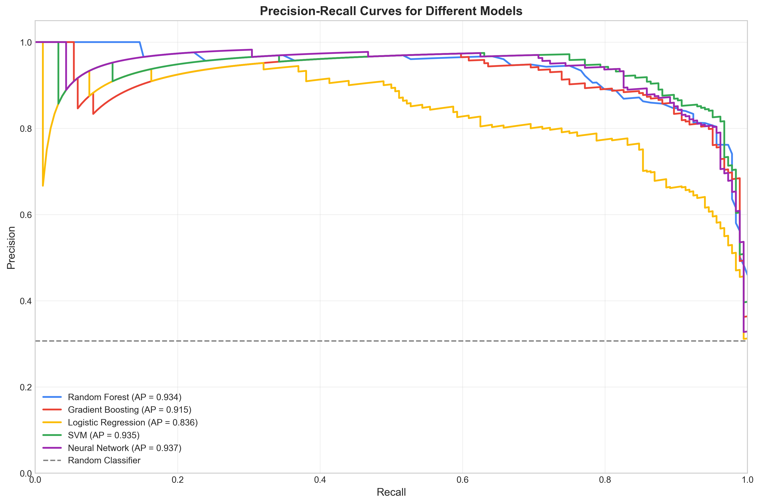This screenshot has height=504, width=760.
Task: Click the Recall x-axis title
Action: point(391,492)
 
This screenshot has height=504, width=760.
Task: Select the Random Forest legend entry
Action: point(124,397)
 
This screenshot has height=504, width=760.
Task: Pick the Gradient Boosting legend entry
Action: point(129,410)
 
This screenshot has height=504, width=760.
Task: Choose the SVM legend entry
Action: point(103,435)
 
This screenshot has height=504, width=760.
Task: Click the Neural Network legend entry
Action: point(124,448)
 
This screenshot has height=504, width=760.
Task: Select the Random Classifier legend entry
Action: point(104,461)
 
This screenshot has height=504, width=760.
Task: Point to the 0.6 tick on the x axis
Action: point(462,480)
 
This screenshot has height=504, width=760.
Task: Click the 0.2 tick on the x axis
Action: point(177,480)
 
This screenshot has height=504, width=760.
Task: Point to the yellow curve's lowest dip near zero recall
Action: point(43,185)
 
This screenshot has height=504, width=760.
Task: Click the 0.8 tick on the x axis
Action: point(605,480)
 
